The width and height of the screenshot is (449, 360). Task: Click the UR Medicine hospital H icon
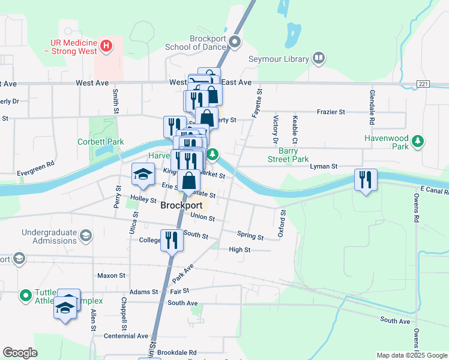tap(106, 45)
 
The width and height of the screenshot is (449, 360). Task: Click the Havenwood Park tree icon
tap(418, 142)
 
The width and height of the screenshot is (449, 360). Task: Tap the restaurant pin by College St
tap(172, 241)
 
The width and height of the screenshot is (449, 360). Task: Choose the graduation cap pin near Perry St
tap(143, 175)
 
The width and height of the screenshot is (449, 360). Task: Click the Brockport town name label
tap(181, 205)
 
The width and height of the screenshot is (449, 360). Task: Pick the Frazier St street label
tap(334, 112)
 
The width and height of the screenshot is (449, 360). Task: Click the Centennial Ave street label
tap(125, 336)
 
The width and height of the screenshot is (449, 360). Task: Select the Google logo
tap(20, 353)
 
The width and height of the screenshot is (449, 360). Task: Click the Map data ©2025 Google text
tap(411, 355)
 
